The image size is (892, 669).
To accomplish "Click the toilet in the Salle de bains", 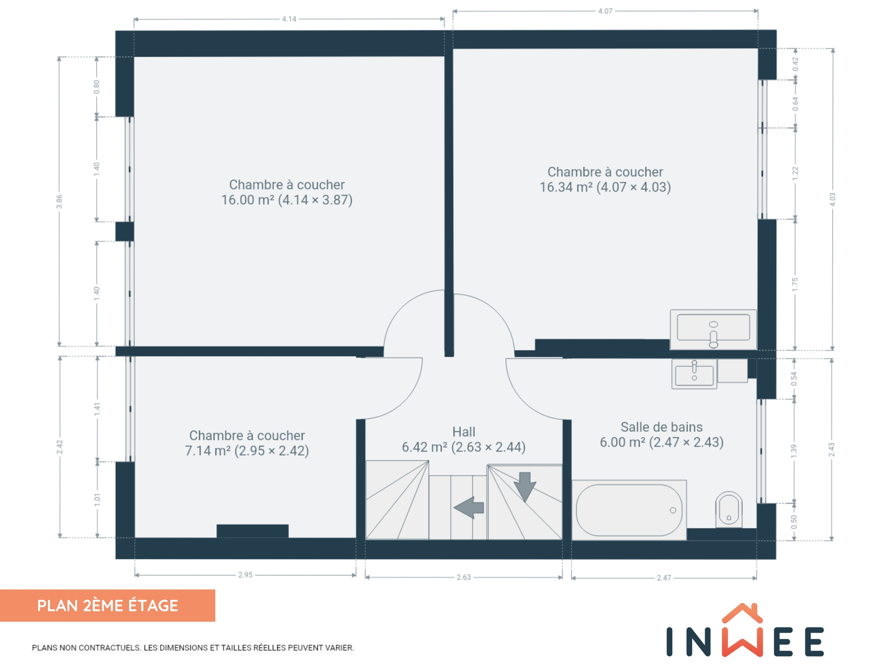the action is pos(729,510).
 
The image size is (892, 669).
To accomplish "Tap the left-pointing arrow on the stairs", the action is pos(469,507).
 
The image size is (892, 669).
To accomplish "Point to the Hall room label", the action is pos(464,432).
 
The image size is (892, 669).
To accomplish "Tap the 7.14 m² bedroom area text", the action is pos(247,450).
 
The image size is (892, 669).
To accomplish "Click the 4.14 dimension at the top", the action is pos(289,19).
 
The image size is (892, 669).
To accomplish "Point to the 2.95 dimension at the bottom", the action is pos(245,575).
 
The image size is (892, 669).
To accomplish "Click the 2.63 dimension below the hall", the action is pos(464,577).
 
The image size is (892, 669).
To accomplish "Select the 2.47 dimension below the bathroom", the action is pos(664,578).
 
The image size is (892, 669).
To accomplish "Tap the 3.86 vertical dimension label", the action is pos(59,202).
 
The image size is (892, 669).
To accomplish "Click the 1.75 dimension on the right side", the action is pos(795,285).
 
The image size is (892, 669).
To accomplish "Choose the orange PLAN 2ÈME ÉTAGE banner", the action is pos(108,605).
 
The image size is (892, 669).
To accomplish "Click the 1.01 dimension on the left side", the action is pos(97,500).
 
